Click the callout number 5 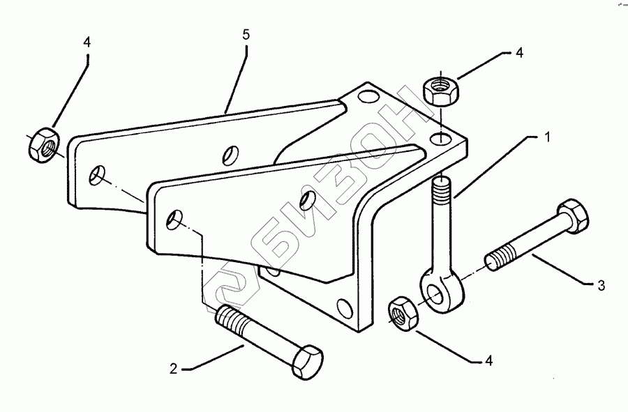click(x=246, y=33)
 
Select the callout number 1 click(x=548, y=137)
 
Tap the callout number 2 click(x=173, y=368)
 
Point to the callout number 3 click(x=601, y=286)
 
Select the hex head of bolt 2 click(x=306, y=362)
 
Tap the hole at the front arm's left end click(x=174, y=220)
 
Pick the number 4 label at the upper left click(x=87, y=43)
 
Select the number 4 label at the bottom click(x=488, y=360)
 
